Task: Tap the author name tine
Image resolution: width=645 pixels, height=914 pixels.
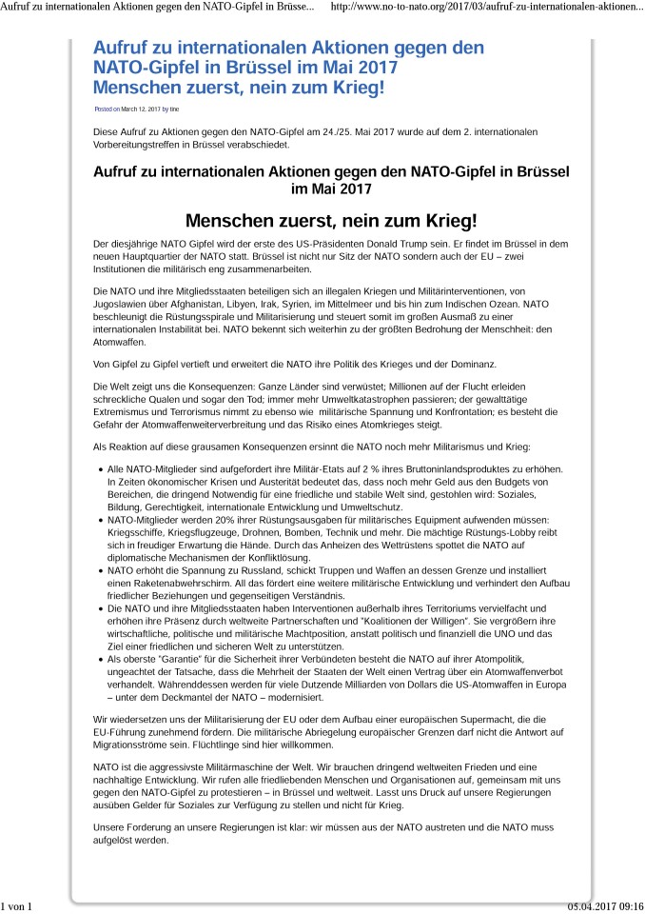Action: (174, 109)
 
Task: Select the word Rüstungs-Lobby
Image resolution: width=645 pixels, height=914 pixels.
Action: (525, 533)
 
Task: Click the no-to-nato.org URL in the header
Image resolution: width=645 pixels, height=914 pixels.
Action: (485, 9)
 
